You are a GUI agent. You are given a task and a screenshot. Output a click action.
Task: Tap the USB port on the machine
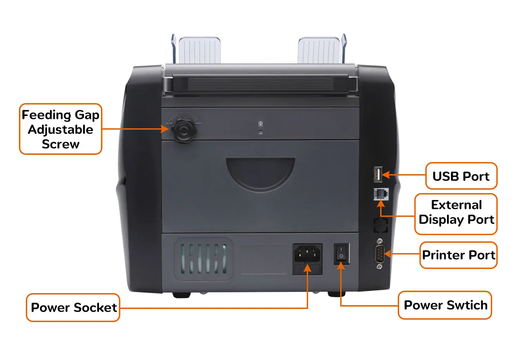(x=378, y=174)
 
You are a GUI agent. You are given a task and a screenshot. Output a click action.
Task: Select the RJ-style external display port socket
(x=381, y=194)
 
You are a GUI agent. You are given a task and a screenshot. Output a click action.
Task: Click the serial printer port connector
(x=379, y=254)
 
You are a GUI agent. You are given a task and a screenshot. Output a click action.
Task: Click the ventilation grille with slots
(x=203, y=259)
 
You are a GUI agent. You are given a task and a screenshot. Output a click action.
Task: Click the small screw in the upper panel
(x=261, y=123)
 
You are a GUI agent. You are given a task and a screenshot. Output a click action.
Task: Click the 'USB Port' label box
(x=461, y=176)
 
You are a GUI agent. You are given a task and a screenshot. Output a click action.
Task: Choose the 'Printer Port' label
(x=458, y=255)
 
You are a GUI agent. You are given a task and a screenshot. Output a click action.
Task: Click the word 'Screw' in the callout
(x=61, y=144)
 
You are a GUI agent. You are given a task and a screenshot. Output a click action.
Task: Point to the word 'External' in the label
(x=456, y=205)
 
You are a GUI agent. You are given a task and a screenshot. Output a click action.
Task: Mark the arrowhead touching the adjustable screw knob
(x=165, y=129)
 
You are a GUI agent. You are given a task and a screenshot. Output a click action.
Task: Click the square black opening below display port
(x=381, y=225)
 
